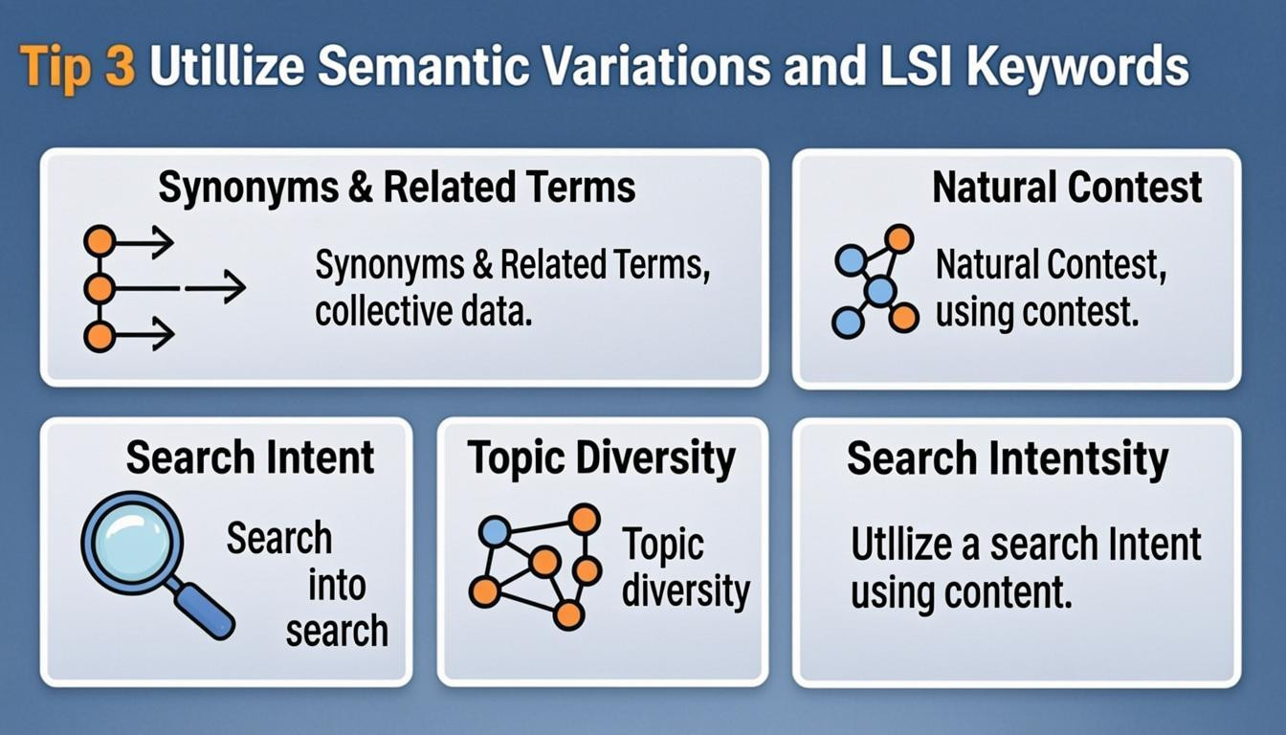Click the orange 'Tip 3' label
pos(78,69)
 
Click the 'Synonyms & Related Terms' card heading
pos(396,188)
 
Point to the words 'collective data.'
pos(423,312)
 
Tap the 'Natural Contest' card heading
pos(1067,188)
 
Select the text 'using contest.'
pos(1037,312)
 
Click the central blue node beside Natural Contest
pos(879,290)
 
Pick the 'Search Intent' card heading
pos(250,457)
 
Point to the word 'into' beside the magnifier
pos(336,586)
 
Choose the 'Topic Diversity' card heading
pos(602,458)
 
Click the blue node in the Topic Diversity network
pos(494,531)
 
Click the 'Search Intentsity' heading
pos(1007,458)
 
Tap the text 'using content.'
pos(960,593)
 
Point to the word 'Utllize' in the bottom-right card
pos(898,545)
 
